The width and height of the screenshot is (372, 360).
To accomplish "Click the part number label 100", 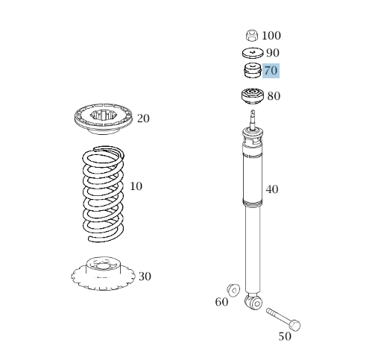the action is pyautogui.click(x=271, y=36).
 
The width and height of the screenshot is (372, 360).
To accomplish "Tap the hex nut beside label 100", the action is pyautogui.click(x=252, y=35).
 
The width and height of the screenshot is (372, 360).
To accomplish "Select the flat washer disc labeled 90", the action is pyautogui.click(x=253, y=53).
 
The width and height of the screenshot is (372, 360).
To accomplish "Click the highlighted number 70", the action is pyautogui.click(x=271, y=71).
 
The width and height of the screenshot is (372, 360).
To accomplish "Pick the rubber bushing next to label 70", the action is pyautogui.click(x=252, y=71).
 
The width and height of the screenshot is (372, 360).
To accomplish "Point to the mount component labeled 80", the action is pyautogui.click(x=252, y=96).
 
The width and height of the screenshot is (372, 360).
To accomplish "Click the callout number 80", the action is pyautogui.click(x=274, y=96).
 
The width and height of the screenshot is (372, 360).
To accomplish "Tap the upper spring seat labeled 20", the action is pyautogui.click(x=103, y=119).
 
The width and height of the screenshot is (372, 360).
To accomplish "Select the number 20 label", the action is pyautogui.click(x=143, y=119).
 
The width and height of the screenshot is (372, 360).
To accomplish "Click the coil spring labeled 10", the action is pyautogui.click(x=104, y=194).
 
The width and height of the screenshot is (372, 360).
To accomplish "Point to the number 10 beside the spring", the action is pyautogui.click(x=136, y=186).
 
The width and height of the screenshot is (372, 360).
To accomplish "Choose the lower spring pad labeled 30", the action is pyautogui.click(x=103, y=274).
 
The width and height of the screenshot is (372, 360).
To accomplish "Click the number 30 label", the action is pyautogui.click(x=145, y=277).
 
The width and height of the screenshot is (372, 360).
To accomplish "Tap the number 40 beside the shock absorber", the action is pyautogui.click(x=272, y=189).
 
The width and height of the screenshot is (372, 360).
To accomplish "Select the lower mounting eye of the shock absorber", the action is pyautogui.click(x=253, y=302).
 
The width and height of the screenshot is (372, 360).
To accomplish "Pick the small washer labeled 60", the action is pyautogui.click(x=233, y=290).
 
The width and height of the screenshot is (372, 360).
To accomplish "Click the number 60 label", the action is pyautogui.click(x=221, y=302).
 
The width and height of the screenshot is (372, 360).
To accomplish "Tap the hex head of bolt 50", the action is pyautogui.click(x=295, y=325).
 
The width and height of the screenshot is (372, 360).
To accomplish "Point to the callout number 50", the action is pyautogui.click(x=285, y=337).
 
